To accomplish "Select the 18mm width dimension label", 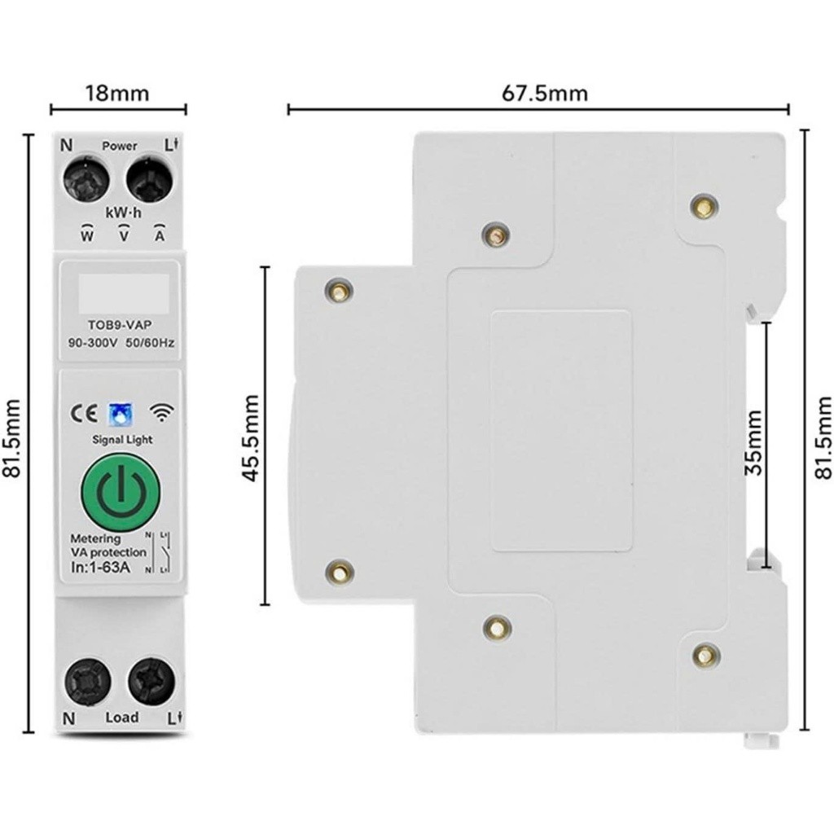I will point(118,93).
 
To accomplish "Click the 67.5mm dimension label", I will point(544,93).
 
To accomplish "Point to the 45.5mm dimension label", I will point(252,437).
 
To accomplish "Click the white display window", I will point(123,293).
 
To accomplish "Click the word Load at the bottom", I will point(121,718).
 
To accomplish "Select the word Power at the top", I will point(120,147).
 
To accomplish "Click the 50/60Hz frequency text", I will point(151,343).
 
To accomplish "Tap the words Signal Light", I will point(122,440).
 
